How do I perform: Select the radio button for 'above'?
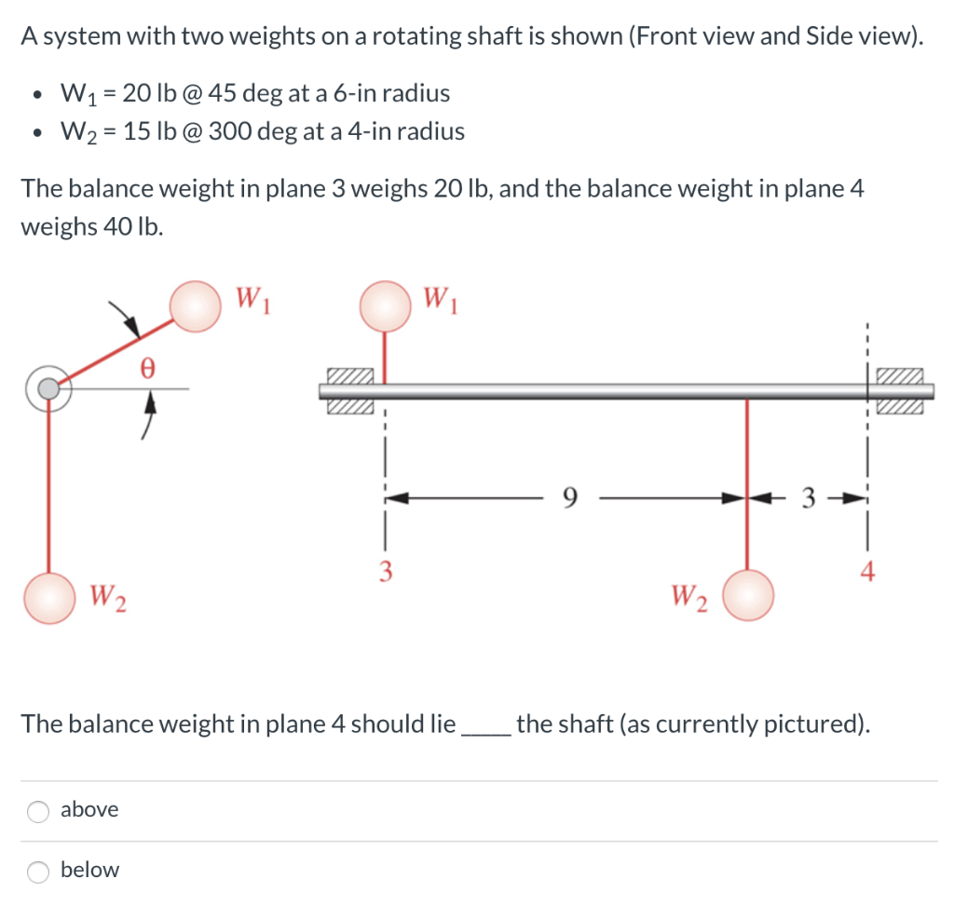point(38,811)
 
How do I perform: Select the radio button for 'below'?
point(38,872)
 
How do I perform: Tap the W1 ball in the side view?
point(386,306)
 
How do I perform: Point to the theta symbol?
point(144,367)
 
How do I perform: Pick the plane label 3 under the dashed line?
point(383,571)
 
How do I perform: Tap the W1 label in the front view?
point(252,299)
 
